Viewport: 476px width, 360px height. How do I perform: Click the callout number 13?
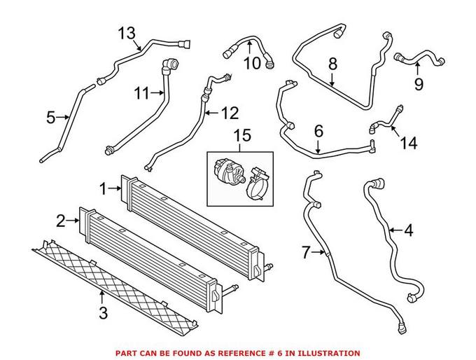127,34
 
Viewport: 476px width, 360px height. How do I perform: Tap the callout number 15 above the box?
243,135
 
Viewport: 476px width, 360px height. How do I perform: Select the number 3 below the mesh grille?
103,313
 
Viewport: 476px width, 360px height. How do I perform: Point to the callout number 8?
332,64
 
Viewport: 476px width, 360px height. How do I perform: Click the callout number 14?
409,142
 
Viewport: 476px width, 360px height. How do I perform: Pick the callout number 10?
252,64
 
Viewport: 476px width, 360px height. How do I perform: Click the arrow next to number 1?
115,188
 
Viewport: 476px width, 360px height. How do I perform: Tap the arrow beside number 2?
73,221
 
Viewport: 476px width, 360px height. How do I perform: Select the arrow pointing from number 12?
211,113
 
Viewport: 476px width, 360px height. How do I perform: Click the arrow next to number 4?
396,230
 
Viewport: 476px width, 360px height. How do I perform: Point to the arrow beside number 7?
318,251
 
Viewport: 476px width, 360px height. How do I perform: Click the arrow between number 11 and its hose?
157,92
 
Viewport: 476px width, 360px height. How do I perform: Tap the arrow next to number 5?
64,117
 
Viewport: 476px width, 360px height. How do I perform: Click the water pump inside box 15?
228,172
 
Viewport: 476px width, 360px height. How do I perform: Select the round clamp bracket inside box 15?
257,184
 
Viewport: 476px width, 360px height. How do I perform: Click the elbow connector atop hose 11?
171,66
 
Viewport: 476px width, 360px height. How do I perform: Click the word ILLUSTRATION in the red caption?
329,353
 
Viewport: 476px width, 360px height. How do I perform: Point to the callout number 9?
419,84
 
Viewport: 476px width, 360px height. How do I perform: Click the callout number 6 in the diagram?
318,131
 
